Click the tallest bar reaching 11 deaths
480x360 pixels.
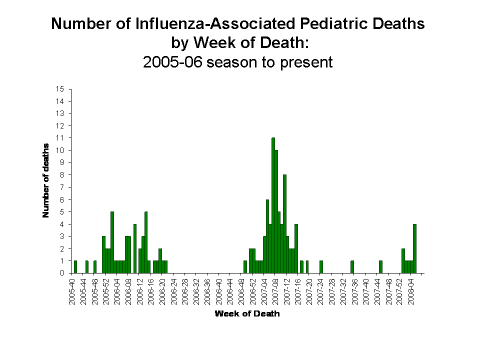[273, 205]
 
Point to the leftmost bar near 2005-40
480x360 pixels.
[75, 267]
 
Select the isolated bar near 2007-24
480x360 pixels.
[321, 267]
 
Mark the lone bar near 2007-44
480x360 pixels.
[380, 267]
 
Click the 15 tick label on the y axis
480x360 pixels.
[60, 89]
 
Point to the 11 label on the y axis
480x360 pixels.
[60, 138]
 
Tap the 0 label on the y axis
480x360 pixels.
[62, 273]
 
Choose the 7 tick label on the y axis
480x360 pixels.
[62, 187]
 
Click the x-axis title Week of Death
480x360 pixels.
[247, 314]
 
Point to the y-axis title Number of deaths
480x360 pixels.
[46, 180]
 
